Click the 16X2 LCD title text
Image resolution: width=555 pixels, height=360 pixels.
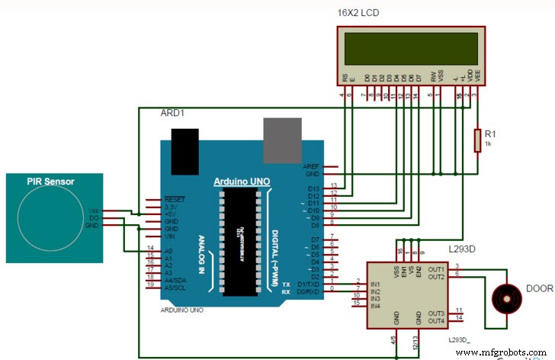[358, 13]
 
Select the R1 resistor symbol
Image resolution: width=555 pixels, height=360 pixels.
[478, 140]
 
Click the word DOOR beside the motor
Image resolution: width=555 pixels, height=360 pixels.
[538, 291]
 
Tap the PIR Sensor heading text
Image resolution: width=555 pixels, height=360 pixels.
[50, 181]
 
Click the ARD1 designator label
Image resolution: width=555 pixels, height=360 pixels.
[172, 113]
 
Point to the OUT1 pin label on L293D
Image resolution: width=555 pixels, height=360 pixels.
[436, 268]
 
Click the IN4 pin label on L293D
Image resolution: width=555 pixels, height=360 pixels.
[375, 306]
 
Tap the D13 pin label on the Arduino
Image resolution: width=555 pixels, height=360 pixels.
[313, 188]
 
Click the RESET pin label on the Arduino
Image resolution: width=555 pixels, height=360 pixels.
[175, 199]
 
